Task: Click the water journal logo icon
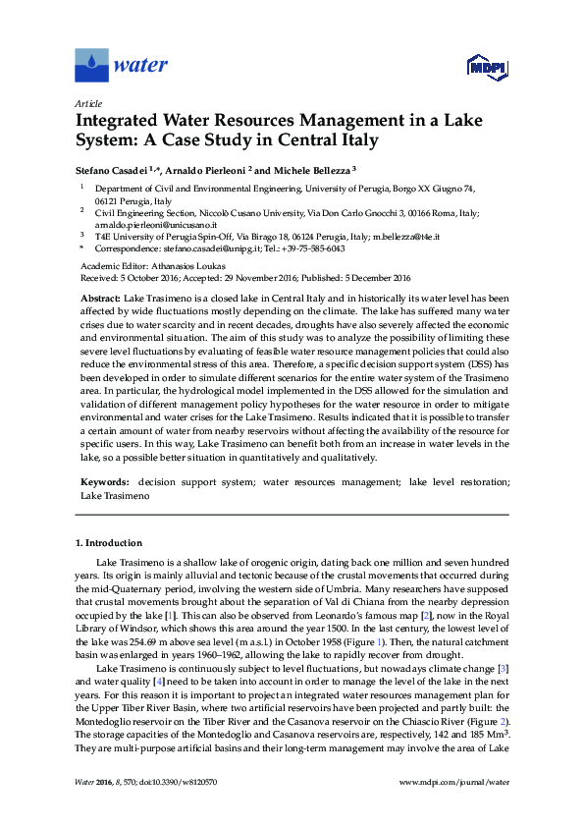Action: pyautogui.click(x=90, y=66)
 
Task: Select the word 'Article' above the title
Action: pyautogui.click(x=87, y=102)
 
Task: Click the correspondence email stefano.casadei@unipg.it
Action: pyautogui.click(x=209, y=248)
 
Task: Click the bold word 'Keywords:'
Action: pyautogui.click(x=104, y=483)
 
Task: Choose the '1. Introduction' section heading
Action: pyautogui.click(x=109, y=542)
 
